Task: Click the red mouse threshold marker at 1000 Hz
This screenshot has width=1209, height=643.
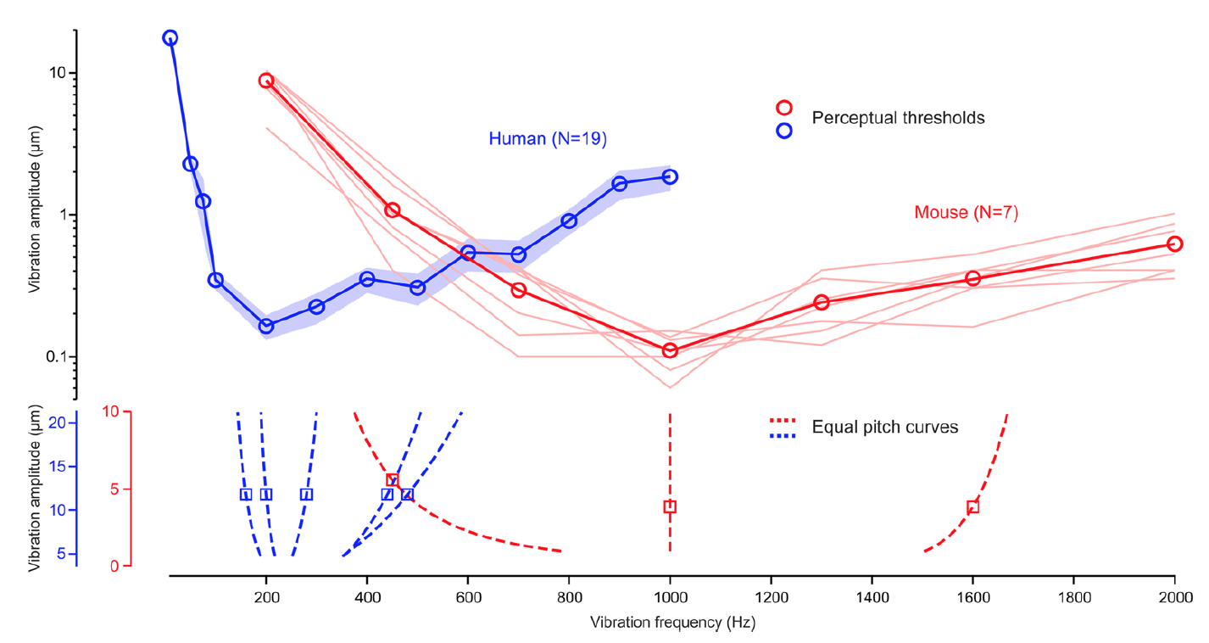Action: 670,350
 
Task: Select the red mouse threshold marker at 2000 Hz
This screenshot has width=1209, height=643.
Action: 1174,244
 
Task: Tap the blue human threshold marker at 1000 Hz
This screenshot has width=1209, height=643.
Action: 670,176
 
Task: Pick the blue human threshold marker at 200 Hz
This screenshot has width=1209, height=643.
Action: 266,326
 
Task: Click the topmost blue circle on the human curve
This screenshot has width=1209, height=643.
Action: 170,38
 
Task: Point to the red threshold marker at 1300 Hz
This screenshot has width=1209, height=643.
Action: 821,303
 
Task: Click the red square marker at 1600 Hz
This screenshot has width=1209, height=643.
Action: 972,507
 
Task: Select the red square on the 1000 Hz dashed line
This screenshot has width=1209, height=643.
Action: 670,507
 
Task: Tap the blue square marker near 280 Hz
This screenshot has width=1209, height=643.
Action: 306,495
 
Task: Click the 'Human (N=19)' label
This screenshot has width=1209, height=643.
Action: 547,138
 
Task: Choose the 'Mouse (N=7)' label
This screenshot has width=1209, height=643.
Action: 966,212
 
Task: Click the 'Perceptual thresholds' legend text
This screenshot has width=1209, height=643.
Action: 898,118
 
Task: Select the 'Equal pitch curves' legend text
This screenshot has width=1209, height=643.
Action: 884,427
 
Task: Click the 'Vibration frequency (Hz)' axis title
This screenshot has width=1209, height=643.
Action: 672,623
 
